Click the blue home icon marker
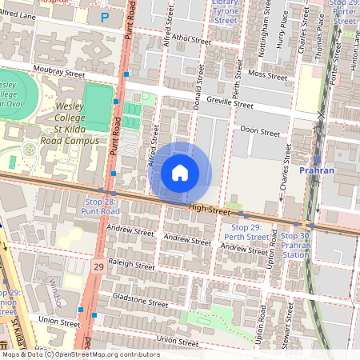coord(180,173)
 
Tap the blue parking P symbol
coord(104,17)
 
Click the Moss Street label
coord(267,76)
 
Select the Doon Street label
coord(260,132)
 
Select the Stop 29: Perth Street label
coord(245,233)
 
